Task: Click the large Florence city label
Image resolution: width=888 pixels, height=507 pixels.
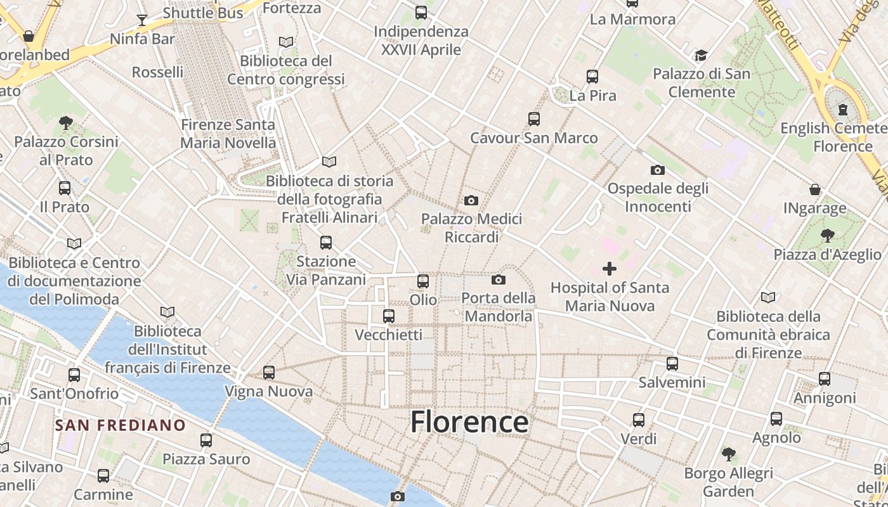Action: pyautogui.click(x=469, y=421)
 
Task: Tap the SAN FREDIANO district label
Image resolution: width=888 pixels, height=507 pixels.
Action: pyautogui.click(x=120, y=425)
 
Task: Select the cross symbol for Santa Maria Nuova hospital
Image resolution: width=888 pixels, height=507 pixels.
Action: pyautogui.click(x=609, y=269)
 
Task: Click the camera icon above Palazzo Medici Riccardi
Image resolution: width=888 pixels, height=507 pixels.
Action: pyautogui.click(x=471, y=200)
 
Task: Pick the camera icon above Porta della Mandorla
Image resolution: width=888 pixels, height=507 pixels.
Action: pyautogui.click(x=499, y=279)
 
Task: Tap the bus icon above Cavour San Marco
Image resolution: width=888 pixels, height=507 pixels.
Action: pyautogui.click(x=534, y=119)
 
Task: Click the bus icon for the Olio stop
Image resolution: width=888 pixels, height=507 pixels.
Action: pyautogui.click(x=423, y=281)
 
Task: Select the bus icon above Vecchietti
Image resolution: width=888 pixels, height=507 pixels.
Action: pyautogui.click(x=389, y=316)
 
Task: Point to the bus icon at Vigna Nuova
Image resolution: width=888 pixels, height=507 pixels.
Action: pyautogui.click(x=269, y=372)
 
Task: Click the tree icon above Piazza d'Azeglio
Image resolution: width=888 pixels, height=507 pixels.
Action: pyautogui.click(x=827, y=236)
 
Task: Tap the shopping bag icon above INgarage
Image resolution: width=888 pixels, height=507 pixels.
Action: pyautogui.click(x=815, y=189)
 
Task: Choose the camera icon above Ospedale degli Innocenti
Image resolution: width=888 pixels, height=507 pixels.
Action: pyautogui.click(x=658, y=170)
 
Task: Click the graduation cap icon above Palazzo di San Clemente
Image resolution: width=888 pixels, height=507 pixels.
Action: pyautogui.click(x=701, y=55)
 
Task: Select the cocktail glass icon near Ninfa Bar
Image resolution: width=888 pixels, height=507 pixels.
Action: pyautogui.click(x=142, y=20)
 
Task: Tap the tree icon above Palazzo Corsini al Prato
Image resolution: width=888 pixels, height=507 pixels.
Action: pyautogui.click(x=65, y=122)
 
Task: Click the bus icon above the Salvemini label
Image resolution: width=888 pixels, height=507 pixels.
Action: pyautogui.click(x=672, y=364)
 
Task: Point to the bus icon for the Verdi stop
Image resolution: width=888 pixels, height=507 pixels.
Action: pyautogui.click(x=639, y=420)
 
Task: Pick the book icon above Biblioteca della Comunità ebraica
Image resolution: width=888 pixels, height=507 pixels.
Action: pyautogui.click(x=768, y=297)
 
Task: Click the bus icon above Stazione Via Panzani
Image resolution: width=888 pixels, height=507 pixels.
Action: pyautogui.click(x=326, y=242)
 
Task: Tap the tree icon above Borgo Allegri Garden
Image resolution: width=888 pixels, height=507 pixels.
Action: pyautogui.click(x=729, y=454)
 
